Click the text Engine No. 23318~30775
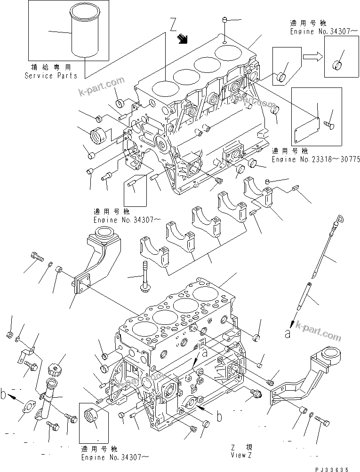[x=316, y=159]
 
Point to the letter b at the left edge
[x=4, y=394]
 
